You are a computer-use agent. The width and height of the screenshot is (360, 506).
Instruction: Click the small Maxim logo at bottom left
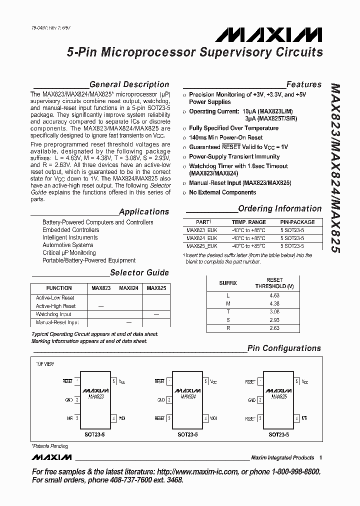tap(51, 457)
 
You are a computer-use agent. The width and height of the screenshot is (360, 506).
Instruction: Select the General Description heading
tap(129, 84)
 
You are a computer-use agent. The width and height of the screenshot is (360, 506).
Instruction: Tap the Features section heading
tap(303, 84)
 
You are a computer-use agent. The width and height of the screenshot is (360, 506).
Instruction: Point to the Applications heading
tap(144, 211)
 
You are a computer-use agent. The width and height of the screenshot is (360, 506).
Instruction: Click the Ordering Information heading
tap(279, 208)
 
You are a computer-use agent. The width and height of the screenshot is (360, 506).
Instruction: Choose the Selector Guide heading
tap(139, 272)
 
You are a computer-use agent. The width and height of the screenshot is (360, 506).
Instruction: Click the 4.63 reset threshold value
tap(274, 295)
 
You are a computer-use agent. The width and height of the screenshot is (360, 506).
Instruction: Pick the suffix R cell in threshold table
tap(228, 327)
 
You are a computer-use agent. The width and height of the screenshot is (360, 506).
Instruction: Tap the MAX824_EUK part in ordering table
tap(201, 238)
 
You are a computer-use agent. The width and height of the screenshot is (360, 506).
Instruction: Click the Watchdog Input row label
tap(53, 314)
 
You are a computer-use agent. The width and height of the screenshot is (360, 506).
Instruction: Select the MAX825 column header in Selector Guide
tap(156, 288)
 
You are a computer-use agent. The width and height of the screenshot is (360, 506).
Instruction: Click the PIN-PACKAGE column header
tap(297, 222)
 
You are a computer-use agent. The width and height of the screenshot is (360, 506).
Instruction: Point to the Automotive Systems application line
tap(67, 245)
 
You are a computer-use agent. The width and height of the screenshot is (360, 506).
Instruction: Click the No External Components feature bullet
tap(215, 192)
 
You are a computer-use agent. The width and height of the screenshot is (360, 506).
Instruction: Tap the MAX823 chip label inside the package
tap(96, 396)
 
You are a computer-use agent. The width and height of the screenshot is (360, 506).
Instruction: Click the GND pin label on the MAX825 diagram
tap(251, 400)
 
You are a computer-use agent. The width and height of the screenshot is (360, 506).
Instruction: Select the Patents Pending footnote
tap(50, 446)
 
